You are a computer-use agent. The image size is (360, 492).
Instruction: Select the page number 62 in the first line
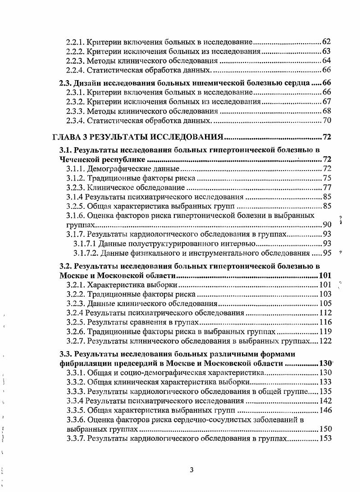(327, 42)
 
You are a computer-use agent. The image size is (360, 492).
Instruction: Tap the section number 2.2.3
(75, 61)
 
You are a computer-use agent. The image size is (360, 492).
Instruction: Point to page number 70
(327, 120)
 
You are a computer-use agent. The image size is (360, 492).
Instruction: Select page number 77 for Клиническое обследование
(327, 188)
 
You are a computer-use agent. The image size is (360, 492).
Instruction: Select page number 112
(325, 313)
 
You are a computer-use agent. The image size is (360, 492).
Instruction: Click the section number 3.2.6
(75, 332)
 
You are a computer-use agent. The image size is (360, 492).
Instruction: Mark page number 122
(325, 341)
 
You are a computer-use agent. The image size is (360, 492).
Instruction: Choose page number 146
(325, 410)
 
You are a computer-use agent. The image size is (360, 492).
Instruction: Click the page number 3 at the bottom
(191, 470)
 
